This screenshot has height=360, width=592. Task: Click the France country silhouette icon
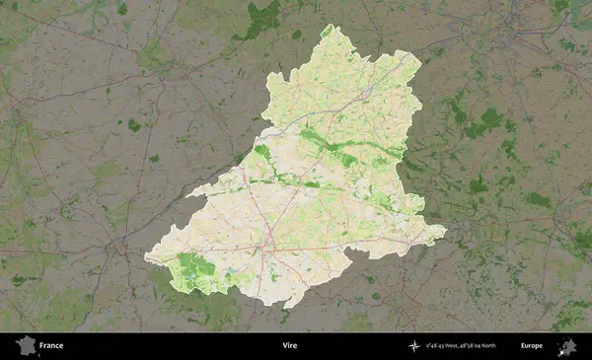(25, 345)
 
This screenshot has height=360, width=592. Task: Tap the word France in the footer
(51, 346)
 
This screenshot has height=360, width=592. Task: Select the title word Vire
(289, 346)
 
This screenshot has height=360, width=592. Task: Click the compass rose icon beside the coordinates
(412, 346)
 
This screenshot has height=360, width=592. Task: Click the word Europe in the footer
(532, 346)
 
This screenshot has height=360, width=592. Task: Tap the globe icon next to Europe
(566, 345)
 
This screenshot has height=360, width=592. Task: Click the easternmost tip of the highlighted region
(446, 233)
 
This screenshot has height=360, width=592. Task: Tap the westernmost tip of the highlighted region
(145, 258)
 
